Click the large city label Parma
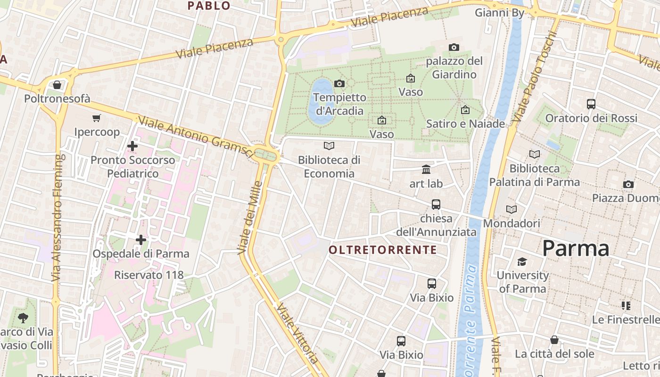(x=576, y=248)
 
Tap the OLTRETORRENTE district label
(x=383, y=250)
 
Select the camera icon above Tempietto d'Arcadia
(x=339, y=83)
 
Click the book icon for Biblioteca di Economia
(x=329, y=146)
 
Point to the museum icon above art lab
(x=426, y=169)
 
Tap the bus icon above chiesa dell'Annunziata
(x=436, y=205)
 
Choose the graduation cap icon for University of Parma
(x=522, y=262)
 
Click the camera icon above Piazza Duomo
(x=628, y=184)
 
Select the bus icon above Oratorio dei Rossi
(x=591, y=104)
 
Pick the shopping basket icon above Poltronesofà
(x=57, y=85)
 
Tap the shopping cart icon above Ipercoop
(x=97, y=118)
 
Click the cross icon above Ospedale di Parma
(x=140, y=240)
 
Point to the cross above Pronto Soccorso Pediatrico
(x=132, y=146)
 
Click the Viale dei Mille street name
(x=250, y=217)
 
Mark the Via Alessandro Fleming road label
(x=57, y=218)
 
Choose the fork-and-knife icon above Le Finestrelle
(x=626, y=306)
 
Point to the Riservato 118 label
(x=148, y=275)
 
